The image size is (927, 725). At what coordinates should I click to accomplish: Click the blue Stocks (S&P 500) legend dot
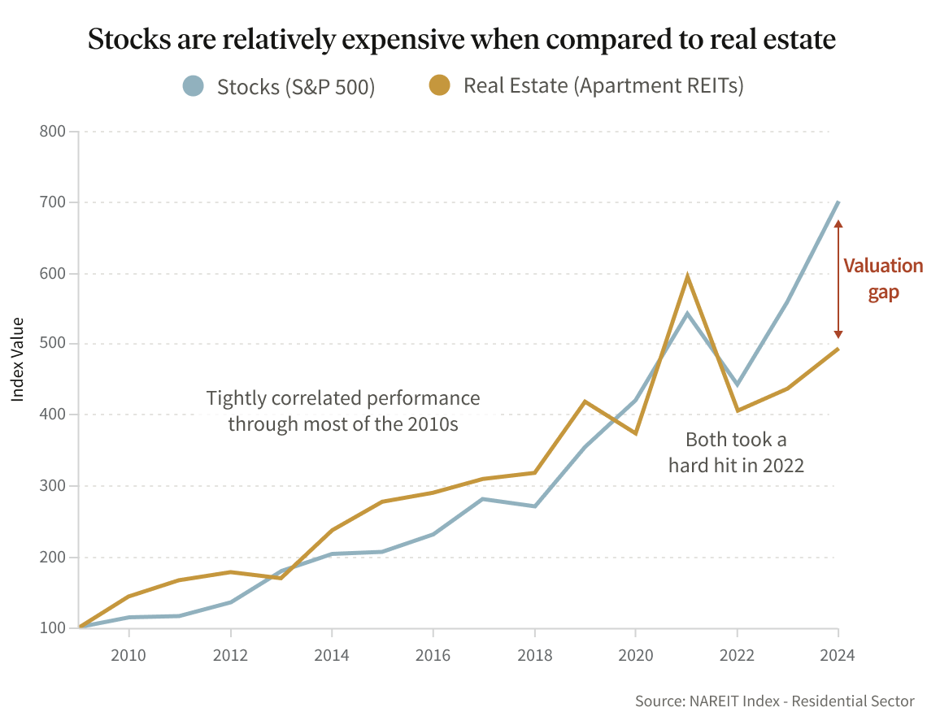pos(193,85)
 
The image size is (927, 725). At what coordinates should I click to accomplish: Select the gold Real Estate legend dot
pos(440,85)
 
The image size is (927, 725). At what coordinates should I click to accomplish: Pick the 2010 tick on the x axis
pos(129,654)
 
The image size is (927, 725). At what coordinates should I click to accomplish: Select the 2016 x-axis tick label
pos(433,654)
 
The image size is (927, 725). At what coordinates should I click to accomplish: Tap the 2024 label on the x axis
pos(838,654)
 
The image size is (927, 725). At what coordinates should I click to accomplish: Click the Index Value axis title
pos(17,358)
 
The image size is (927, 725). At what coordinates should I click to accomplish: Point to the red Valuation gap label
pos(883,279)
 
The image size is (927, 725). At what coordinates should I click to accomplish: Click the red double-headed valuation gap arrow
pos(838,279)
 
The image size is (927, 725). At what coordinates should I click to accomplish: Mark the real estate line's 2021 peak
pos(687,277)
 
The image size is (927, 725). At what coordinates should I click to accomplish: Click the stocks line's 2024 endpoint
pos(838,202)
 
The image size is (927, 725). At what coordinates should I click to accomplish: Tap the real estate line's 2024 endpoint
pos(838,349)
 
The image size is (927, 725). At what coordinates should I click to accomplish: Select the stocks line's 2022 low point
pos(737,384)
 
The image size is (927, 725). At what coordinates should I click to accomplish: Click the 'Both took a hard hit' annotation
pos(736,453)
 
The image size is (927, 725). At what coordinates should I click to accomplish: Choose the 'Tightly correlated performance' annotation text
pos(343,411)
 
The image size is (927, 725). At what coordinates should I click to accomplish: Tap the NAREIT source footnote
pos(775,701)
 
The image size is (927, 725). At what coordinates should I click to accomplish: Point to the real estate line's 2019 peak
pos(585,402)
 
